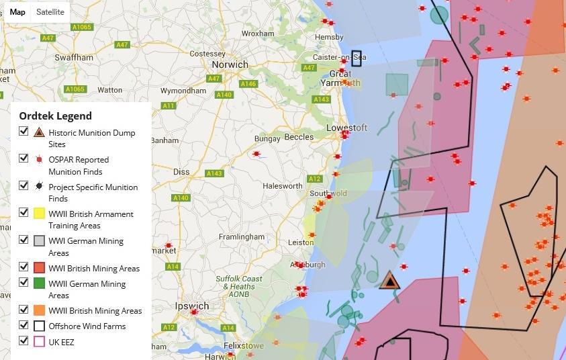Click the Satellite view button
[x=50, y=12]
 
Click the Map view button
[x=17, y=12]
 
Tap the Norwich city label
[x=230, y=64]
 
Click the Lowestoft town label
[x=346, y=128]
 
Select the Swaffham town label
[x=74, y=57]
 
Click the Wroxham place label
[x=258, y=33]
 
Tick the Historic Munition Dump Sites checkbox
[x=24, y=131]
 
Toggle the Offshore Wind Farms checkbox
[x=24, y=326]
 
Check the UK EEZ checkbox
[x=24, y=341]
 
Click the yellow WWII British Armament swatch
[x=39, y=214]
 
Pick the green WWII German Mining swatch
[x=39, y=283]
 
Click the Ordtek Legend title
[x=55, y=116]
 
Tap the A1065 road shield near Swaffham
[x=82, y=28]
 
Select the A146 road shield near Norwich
[x=248, y=84]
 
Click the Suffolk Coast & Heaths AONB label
[x=234, y=287]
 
